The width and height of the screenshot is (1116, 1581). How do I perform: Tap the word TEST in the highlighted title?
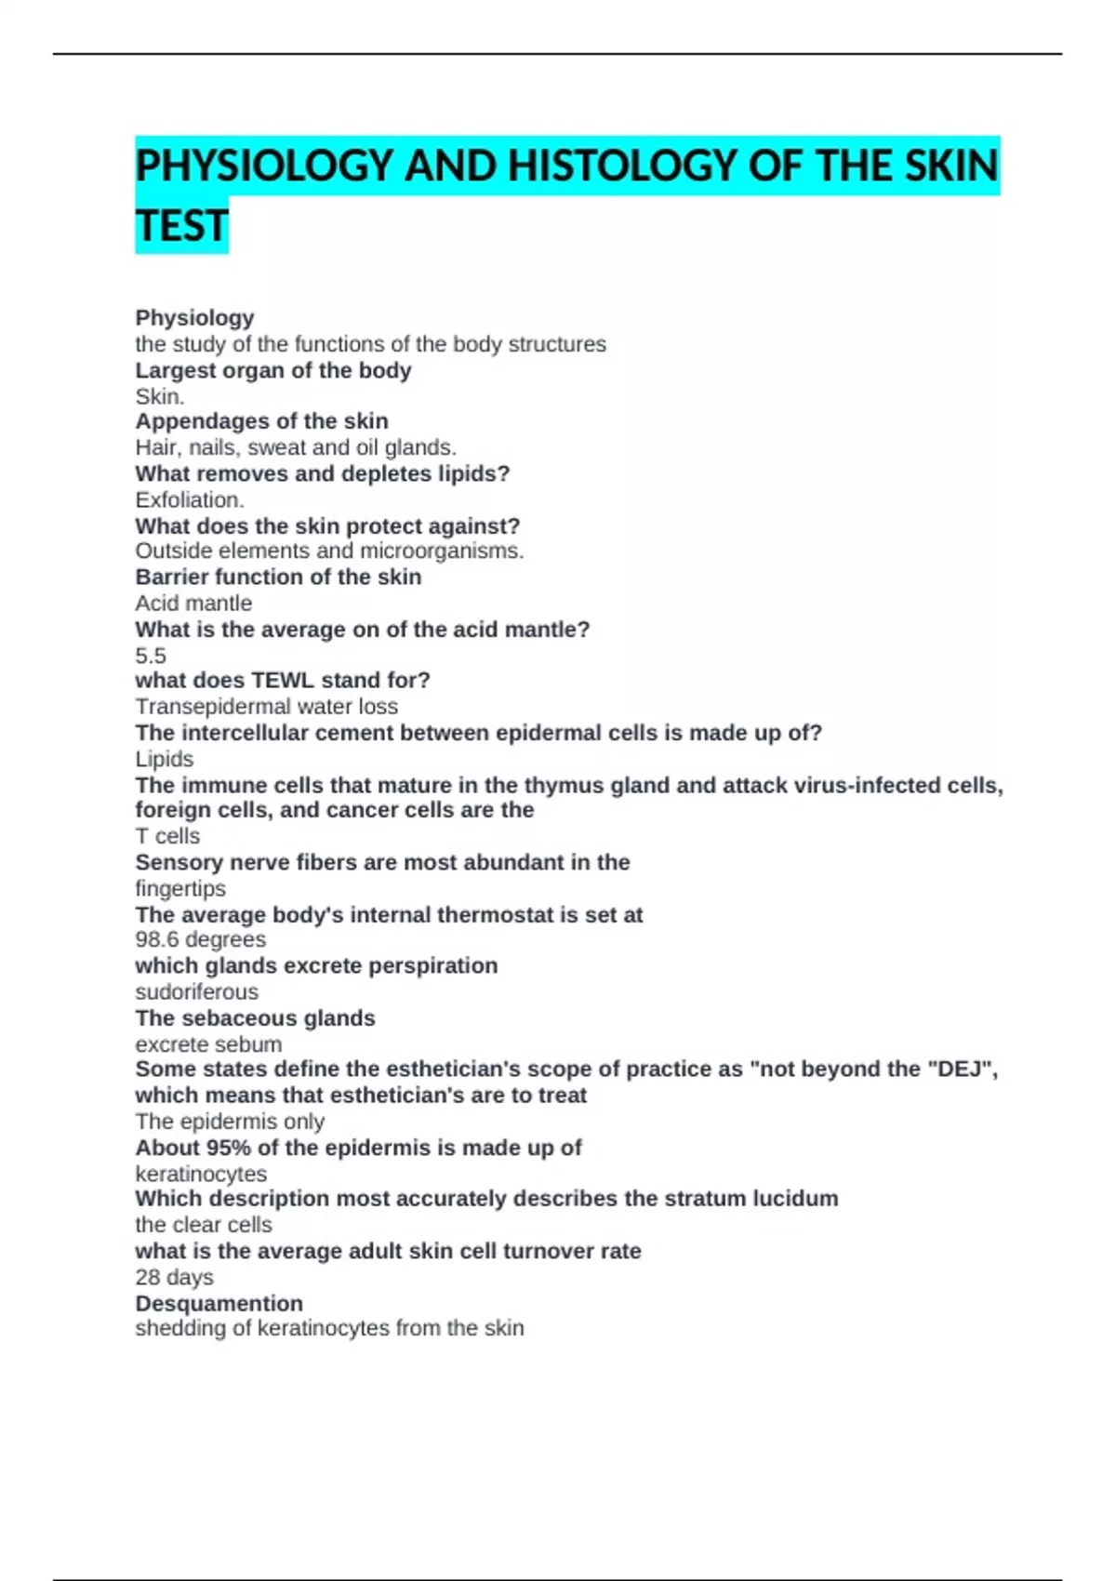tap(181, 226)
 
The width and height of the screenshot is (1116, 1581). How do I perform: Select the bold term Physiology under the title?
tap(194, 318)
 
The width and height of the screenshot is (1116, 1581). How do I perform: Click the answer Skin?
tap(160, 397)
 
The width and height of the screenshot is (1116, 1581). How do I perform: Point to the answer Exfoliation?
tap(190, 500)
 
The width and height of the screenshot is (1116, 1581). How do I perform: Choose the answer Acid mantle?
tap(193, 604)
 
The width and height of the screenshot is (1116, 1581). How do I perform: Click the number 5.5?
tap(151, 656)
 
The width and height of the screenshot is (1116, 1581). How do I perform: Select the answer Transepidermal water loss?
tap(266, 707)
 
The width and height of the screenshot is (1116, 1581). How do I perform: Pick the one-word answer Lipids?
tap(165, 760)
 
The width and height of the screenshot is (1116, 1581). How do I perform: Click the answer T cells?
tap(167, 836)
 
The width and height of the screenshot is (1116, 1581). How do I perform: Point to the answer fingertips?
tap(180, 889)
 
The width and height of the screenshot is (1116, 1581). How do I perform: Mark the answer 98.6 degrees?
tap(201, 939)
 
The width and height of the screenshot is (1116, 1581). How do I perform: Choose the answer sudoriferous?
tap(197, 992)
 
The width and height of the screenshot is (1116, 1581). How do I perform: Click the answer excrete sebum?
tap(208, 1044)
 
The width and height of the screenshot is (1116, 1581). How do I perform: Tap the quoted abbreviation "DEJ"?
tap(961, 1069)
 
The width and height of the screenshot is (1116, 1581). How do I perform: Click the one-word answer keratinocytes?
tap(201, 1175)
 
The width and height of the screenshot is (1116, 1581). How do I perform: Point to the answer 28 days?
tap(174, 1278)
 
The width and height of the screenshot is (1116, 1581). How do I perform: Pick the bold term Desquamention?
tap(219, 1304)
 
